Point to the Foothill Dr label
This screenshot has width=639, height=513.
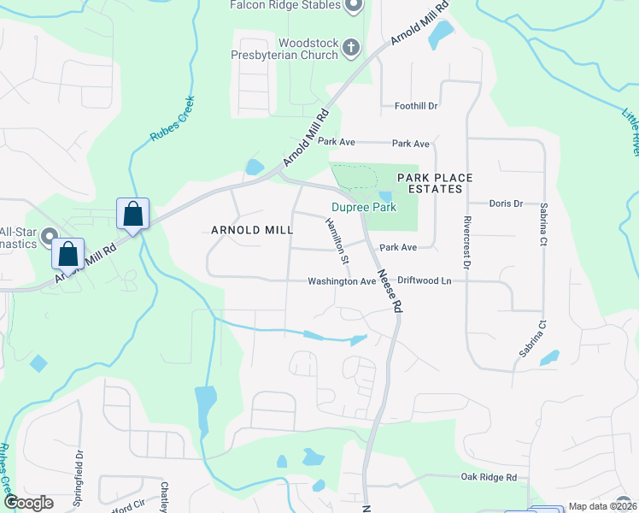416,106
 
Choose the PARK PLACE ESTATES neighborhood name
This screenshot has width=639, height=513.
435,183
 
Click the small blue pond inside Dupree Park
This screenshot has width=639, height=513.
385,197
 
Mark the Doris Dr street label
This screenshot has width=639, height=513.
506,203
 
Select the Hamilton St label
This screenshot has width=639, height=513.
337,240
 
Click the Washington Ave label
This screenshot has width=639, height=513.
342,281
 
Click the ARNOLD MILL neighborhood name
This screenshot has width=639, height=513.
252,230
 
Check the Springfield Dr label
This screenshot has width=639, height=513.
81,475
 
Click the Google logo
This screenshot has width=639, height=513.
29,503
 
